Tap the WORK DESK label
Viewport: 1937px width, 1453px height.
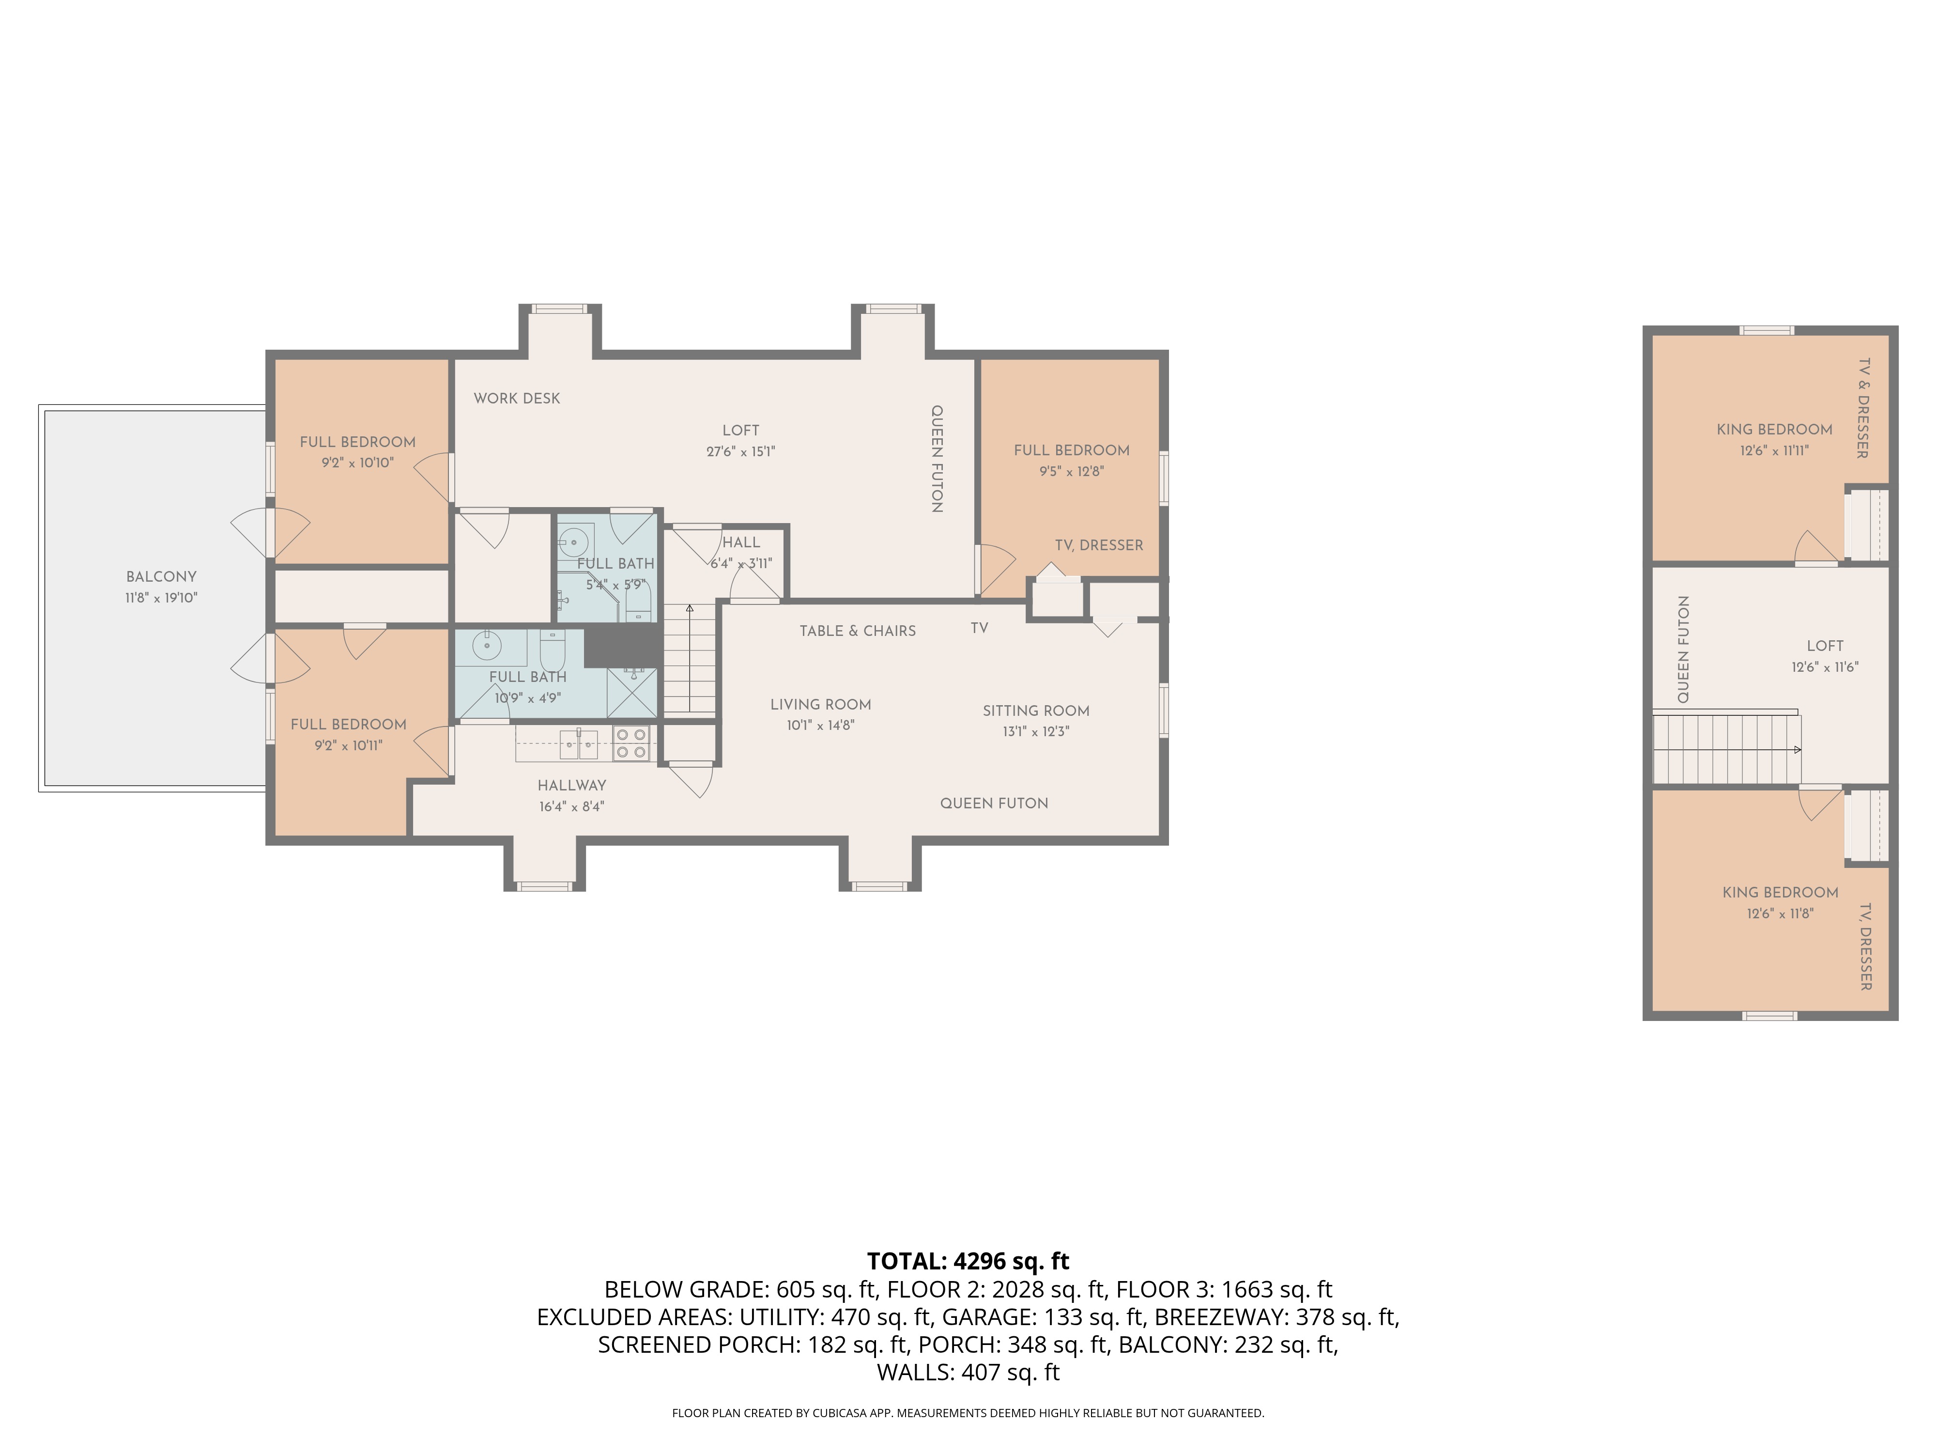pyautogui.click(x=517, y=399)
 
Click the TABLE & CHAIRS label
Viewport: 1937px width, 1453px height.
pyautogui.click(x=857, y=631)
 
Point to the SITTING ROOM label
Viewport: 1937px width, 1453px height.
pyautogui.click(x=1036, y=711)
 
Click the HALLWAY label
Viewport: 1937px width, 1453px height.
pyautogui.click(x=572, y=786)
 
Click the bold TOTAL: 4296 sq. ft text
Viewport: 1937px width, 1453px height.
pyautogui.click(x=968, y=1261)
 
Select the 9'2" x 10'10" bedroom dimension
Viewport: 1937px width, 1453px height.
pyautogui.click(x=357, y=463)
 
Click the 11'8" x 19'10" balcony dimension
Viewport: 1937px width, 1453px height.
pyautogui.click(x=161, y=598)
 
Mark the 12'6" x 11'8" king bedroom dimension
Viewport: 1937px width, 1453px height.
pyautogui.click(x=1780, y=913)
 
